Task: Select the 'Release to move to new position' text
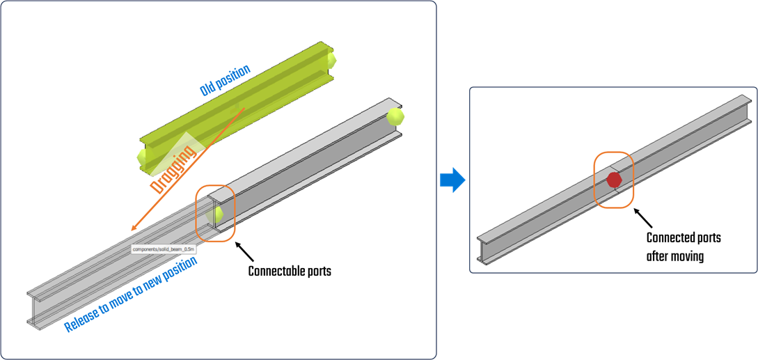pos(131,295)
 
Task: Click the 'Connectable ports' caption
pos(290,271)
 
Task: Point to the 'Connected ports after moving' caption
pos(684,246)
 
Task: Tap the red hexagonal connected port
pos(613,180)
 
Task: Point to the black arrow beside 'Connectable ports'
pos(245,249)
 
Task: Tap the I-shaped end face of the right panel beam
pos(484,250)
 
